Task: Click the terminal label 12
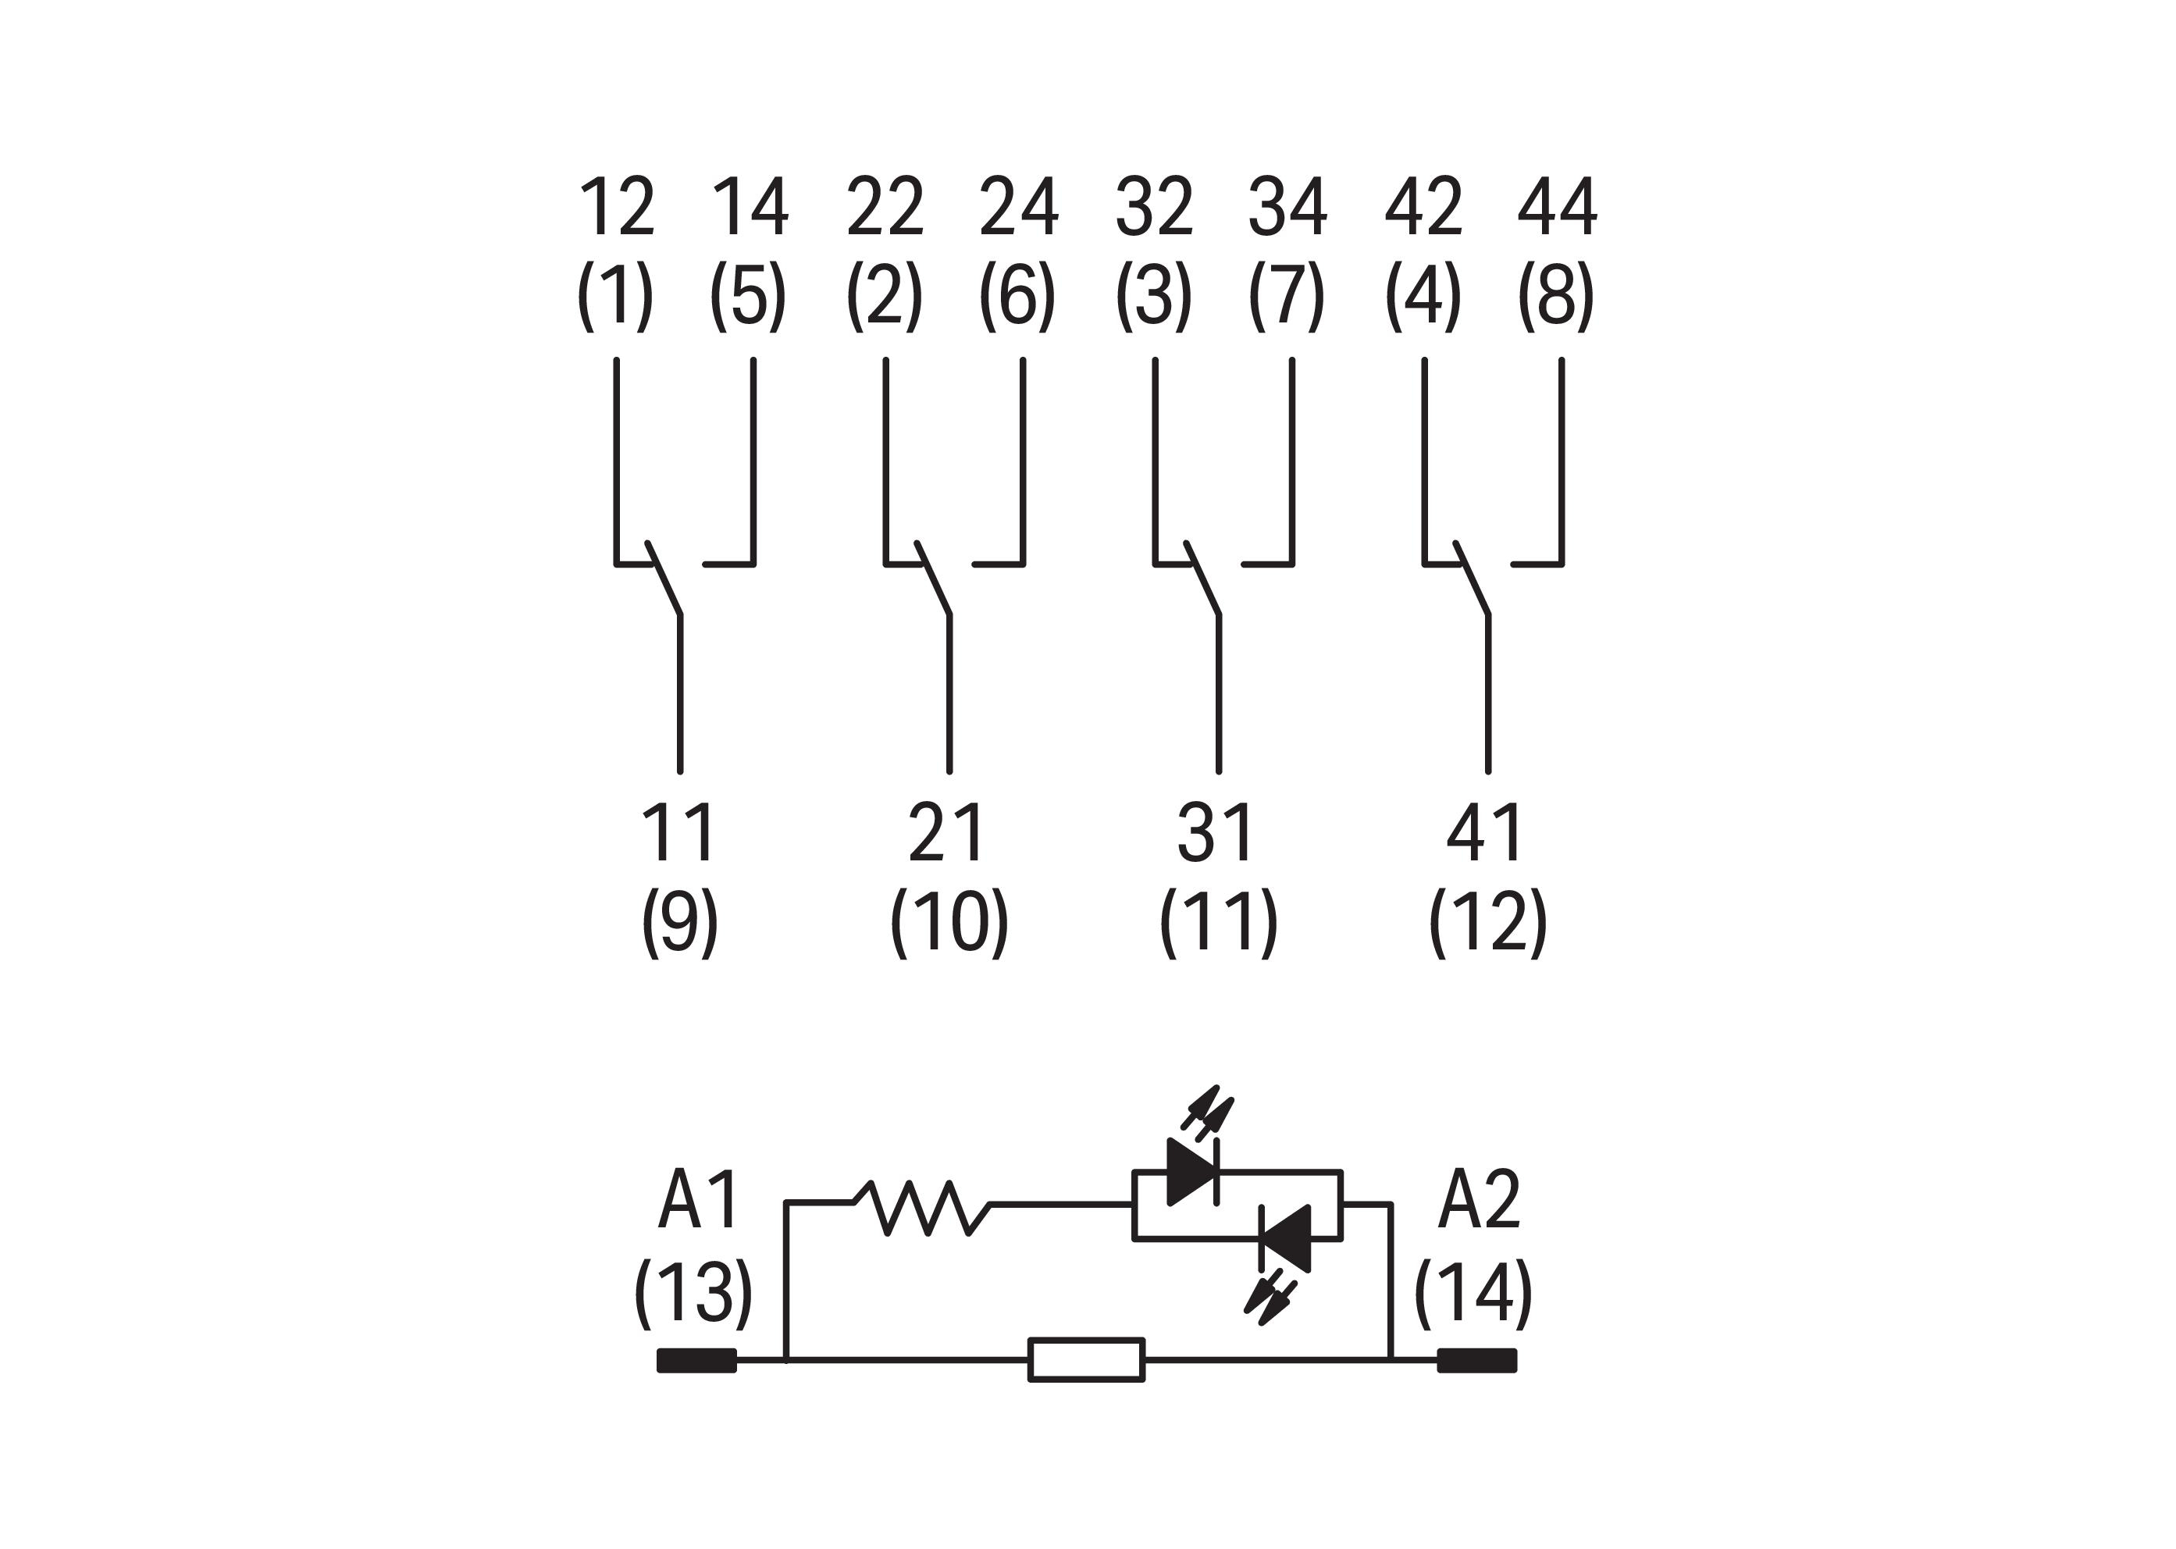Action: coord(616,207)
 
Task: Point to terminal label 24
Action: coord(1019,207)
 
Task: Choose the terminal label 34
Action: coord(1287,207)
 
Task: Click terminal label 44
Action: coord(1557,207)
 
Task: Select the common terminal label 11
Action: coord(678,833)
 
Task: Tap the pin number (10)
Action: coord(949,922)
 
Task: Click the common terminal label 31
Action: coord(1216,833)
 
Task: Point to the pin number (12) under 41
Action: coord(1487,922)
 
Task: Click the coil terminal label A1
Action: coord(698,1200)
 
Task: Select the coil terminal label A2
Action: coord(1479,1200)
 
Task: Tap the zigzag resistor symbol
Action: coord(921,1208)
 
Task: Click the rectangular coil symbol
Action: coord(1085,1359)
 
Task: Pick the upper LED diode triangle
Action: coord(1192,1171)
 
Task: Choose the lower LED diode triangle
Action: coord(1286,1238)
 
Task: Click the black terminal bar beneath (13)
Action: coord(696,1360)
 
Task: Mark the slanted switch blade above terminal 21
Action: coord(933,578)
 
